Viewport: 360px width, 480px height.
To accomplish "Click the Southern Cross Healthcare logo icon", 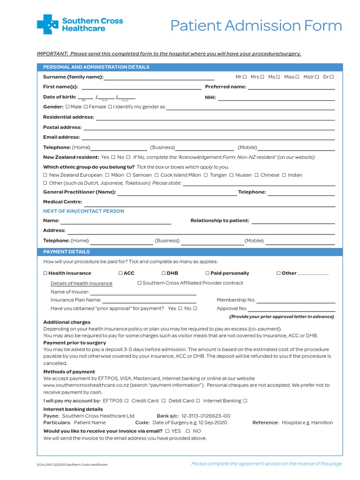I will coord(47,24).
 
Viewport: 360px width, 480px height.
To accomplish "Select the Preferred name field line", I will coord(291,88).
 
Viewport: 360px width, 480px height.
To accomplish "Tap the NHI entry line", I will coord(276,98).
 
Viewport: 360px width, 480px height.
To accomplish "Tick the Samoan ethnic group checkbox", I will coord(129,175).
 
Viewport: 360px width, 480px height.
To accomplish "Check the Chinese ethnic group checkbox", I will coord(256,175).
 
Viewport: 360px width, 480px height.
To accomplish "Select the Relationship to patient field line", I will coord(293,222).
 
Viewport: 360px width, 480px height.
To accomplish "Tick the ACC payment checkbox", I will coord(120,273).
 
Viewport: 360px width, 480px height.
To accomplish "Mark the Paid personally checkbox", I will coord(207,273).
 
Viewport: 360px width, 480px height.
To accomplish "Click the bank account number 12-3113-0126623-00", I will coord(206,416).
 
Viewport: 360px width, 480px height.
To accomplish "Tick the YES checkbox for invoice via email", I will coord(167,431).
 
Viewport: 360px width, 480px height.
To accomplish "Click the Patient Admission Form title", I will coord(256,26).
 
